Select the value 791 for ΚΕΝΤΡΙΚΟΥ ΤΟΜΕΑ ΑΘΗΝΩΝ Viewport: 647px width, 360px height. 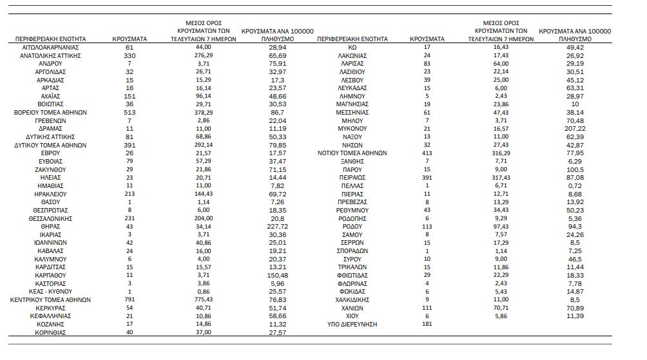point(129,299)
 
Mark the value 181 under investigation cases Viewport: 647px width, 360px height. point(427,324)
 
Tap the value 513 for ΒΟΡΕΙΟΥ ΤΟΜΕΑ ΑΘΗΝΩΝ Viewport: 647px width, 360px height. point(129,113)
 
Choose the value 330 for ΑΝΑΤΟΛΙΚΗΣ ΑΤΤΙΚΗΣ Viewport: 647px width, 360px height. point(129,56)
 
